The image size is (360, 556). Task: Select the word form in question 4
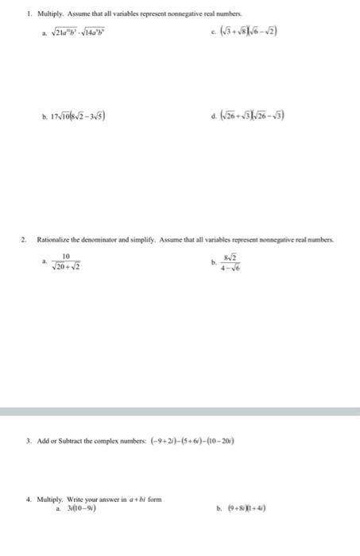click(154, 499)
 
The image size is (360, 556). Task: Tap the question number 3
click(29, 440)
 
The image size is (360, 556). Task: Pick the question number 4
click(29, 499)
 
